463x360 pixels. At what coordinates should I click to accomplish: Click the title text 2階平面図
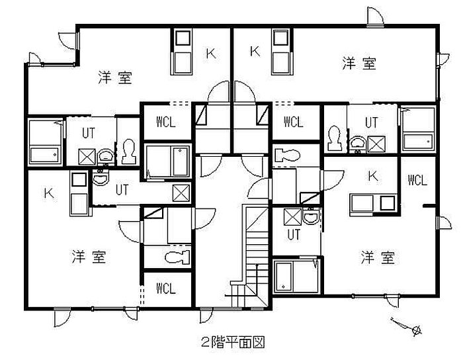click(233, 342)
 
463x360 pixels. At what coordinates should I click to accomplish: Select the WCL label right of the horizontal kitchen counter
click(417, 180)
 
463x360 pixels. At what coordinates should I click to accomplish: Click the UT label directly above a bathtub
click(294, 234)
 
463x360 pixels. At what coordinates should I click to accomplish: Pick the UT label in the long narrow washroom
click(122, 190)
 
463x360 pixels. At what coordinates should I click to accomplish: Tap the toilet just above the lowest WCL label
click(177, 257)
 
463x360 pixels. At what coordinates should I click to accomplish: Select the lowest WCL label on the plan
click(166, 289)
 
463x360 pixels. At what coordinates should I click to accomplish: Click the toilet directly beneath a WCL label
click(287, 154)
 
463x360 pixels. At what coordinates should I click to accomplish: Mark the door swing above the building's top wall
click(376, 17)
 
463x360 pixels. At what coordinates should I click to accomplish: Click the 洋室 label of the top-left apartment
click(115, 77)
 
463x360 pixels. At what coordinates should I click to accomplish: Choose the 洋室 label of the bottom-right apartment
click(378, 257)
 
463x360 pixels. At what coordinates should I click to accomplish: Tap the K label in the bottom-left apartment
click(49, 194)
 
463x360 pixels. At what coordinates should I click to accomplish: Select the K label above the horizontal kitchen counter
click(372, 176)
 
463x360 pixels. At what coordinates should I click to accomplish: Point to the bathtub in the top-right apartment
click(417, 129)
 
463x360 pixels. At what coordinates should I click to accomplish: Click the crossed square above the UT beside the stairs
click(292, 217)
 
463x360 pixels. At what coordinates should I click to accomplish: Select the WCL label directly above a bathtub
click(166, 122)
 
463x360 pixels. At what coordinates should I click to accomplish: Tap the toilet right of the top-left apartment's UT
click(129, 152)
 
